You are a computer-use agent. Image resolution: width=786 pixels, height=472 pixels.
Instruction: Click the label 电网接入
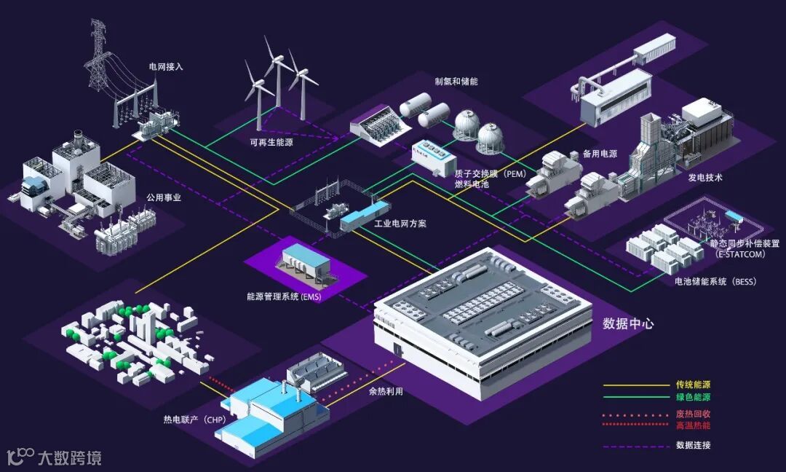click(x=166, y=66)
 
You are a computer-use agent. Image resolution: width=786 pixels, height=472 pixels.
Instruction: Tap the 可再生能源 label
click(x=271, y=142)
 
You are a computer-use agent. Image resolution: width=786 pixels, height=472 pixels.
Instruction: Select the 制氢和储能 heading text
click(x=456, y=82)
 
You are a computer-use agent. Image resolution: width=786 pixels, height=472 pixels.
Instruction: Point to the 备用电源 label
click(x=600, y=154)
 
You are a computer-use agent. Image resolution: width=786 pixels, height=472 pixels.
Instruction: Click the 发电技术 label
click(x=705, y=178)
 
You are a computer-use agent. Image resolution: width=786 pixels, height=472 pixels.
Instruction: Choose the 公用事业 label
click(x=164, y=197)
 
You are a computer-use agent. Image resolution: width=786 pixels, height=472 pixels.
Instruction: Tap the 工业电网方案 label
click(x=400, y=224)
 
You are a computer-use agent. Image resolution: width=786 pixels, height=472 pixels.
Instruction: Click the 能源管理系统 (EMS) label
click(x=284, y=296)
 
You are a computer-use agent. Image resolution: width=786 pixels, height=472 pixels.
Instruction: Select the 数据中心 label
click(x=628, y=323)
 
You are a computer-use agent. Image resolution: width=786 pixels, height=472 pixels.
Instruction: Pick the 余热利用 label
click(x=386, y=391)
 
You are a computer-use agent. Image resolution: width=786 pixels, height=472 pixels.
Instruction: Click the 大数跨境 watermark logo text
click(x=69, y=458)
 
